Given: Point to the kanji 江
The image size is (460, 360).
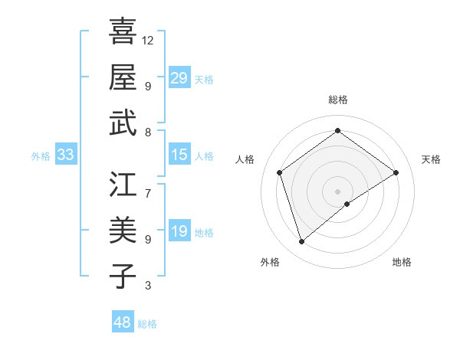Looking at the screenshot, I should (123, 185).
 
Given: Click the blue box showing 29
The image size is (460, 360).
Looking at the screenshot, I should (179, 78).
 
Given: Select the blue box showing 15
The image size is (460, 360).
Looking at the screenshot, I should (179, 155).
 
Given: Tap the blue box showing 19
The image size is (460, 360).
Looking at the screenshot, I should (179, 231).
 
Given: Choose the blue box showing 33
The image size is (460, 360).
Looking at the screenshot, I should (66, 155).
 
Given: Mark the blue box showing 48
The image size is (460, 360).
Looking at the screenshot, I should (123, 322).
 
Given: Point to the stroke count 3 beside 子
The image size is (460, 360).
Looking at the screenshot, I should (148, 286).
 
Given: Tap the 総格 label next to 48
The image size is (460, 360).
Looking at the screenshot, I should (148, 324).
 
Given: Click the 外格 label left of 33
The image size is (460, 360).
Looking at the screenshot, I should (41, 156).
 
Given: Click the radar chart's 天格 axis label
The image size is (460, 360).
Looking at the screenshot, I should (431, 159).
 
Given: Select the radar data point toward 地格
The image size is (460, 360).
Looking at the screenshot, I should (347, 204).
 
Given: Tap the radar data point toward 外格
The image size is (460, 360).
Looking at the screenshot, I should (302, 242).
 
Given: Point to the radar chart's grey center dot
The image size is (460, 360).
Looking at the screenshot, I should (337, 190).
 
